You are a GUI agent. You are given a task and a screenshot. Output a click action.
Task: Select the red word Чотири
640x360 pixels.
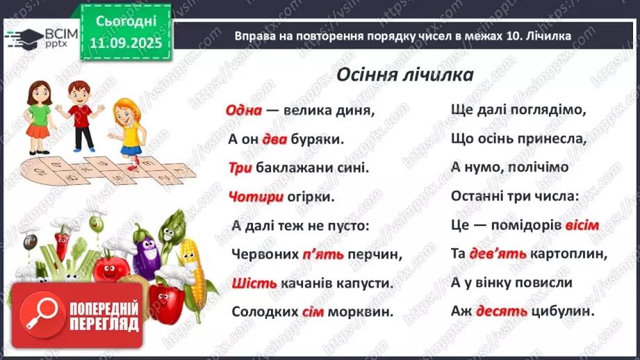(255, 197)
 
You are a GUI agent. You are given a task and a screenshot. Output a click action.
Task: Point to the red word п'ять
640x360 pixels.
(323, 254)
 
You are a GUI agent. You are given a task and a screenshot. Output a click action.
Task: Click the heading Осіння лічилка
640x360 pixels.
(404, 74)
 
